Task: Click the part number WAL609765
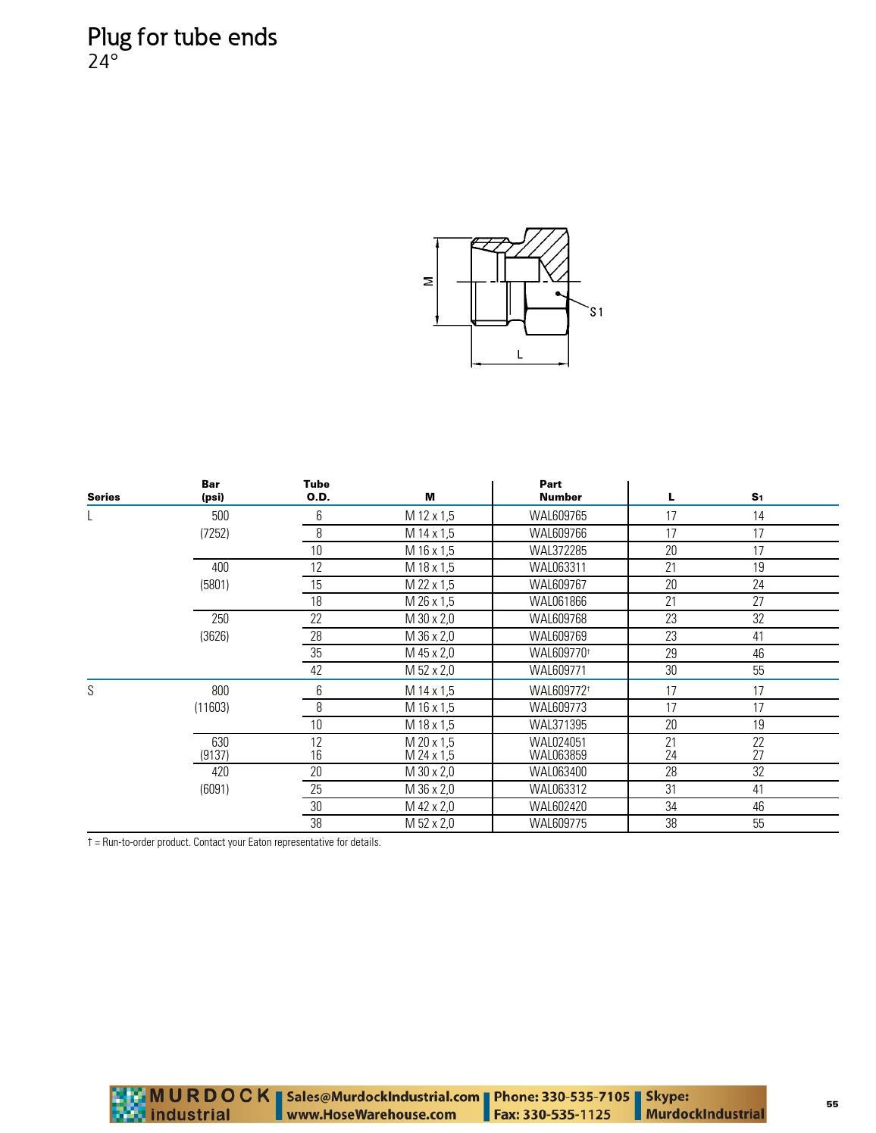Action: [x=558, y=516]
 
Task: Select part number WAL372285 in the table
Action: [x=558, y=551]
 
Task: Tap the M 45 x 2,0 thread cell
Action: [x=430, y=653]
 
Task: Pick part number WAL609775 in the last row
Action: [x=558, y=823]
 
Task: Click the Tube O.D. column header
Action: [x=317, y=491]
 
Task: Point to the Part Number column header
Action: [x=560, y=491]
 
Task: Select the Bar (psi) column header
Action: [x=212, y=491]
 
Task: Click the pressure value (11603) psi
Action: [x=212, y=707]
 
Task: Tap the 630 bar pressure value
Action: [x=221, y=742]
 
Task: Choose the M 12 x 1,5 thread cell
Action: [x=430, y=516]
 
